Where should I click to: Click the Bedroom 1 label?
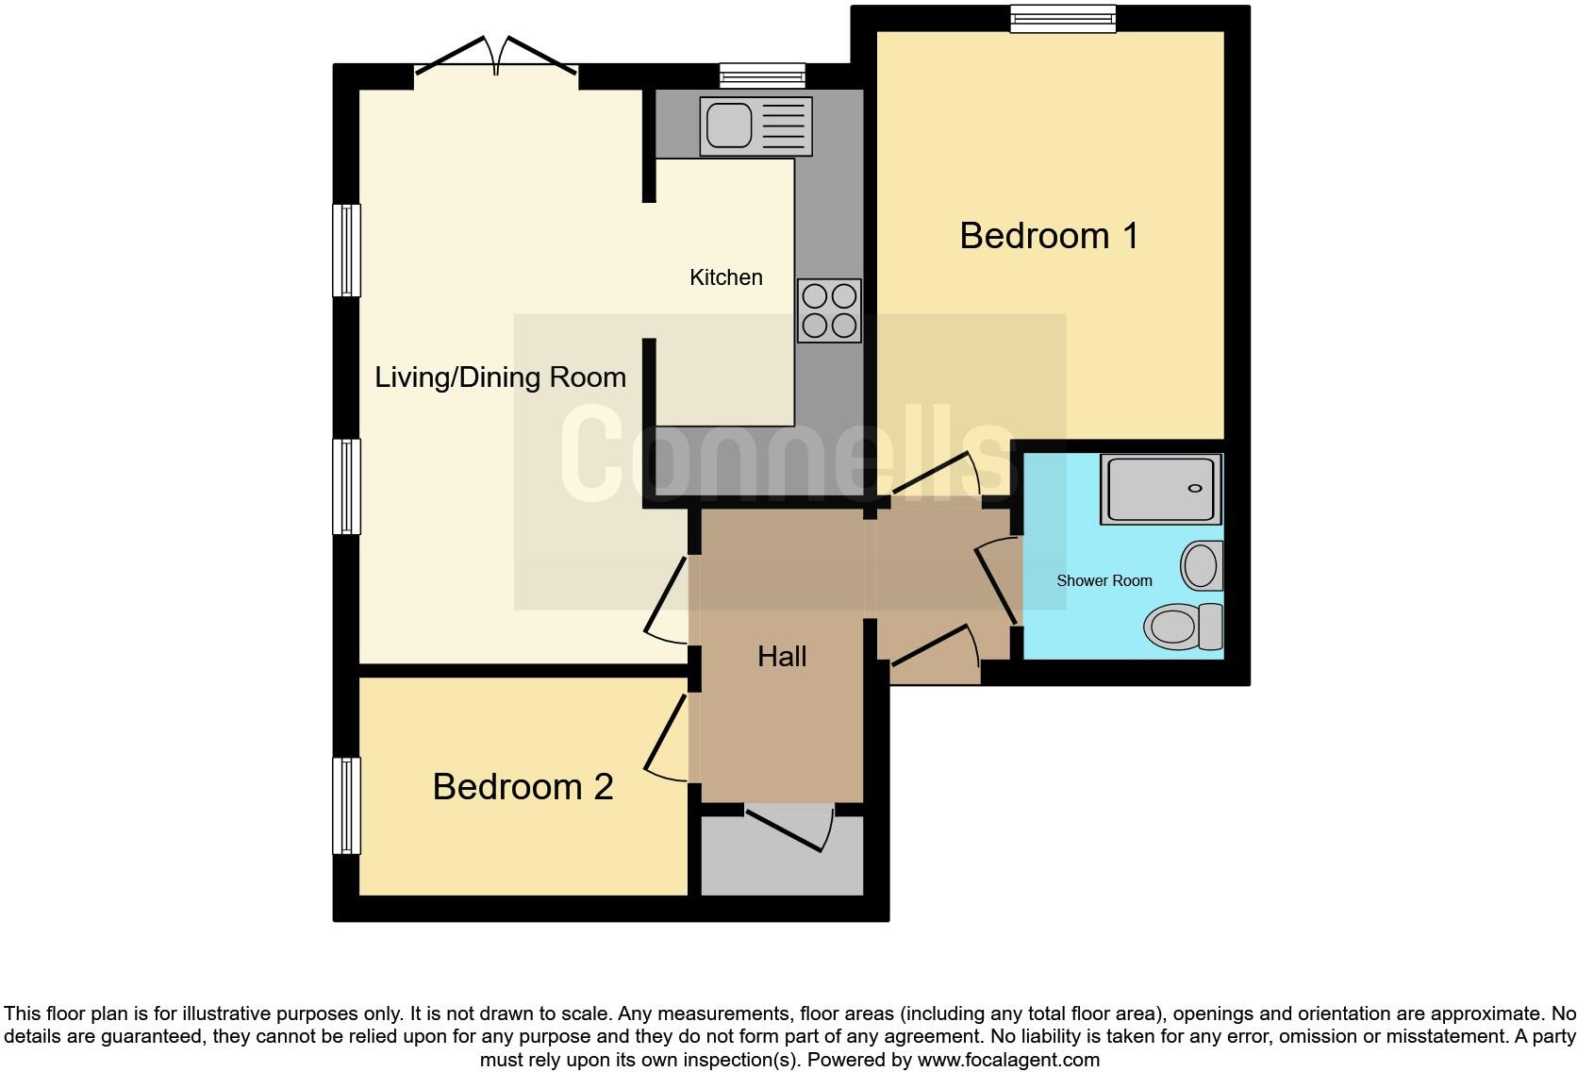(x=1049, y=236)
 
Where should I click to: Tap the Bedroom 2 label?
(x=523, y=787)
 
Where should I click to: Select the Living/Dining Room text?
(x=500, y=377)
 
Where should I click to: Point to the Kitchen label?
(x=725, y=277)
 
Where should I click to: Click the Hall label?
(x=782, y=657)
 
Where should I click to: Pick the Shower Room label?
(x=1104, y=581)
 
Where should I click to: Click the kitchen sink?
(x=755, y=126)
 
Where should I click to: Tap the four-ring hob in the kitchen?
(x=829, y=310)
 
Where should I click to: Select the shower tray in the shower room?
(x=1161, y=490)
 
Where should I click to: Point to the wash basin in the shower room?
(x=1203, y=566)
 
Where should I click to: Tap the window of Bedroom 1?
(x=1063, y=19)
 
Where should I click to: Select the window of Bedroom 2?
(x=347, y=805)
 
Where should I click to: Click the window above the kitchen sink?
(x=762, y=75)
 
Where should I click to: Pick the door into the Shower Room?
(x=996, y=580)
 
